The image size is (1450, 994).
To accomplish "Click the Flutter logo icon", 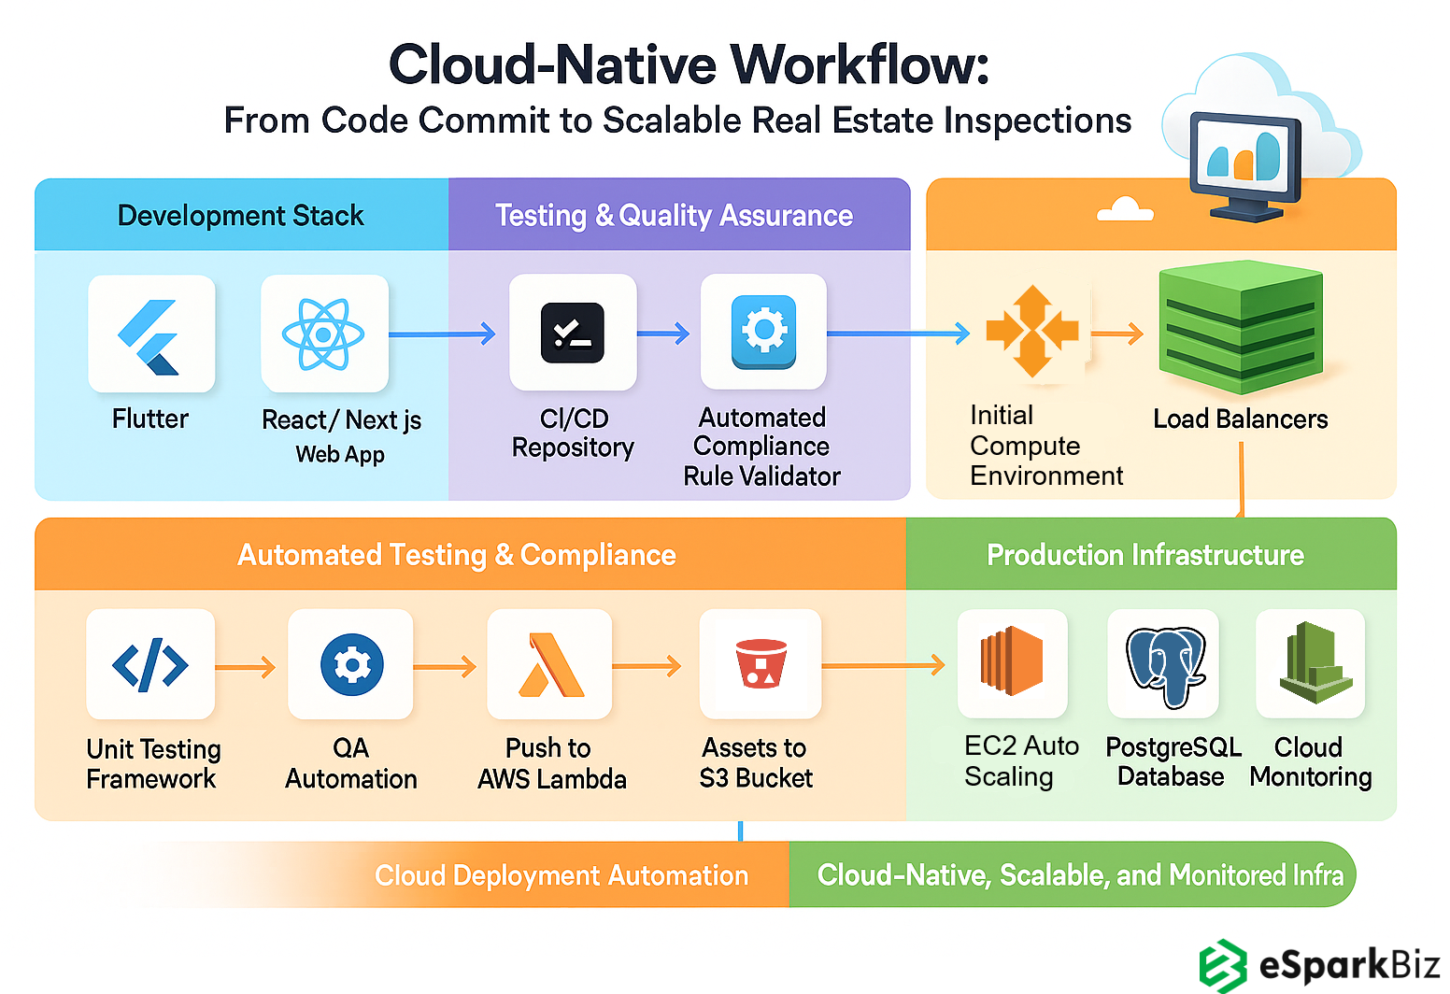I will tap(150, 336).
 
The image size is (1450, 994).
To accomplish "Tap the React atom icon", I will tap(323, 334).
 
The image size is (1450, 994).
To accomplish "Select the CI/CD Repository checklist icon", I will tap(573, 334).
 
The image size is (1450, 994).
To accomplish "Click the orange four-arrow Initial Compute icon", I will tap(1032, 332).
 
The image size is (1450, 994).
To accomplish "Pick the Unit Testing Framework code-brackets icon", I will tap(150, 665).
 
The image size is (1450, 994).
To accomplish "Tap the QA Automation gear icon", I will tap(351, 665).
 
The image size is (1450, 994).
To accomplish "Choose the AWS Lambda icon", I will tap(550, 665).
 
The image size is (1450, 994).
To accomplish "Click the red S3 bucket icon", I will tap(761, 663).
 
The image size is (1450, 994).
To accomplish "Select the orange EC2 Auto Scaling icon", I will tap(1012, 661).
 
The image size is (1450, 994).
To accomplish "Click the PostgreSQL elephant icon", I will tap(1165, 665).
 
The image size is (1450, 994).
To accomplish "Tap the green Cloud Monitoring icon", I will tap(1313, 663).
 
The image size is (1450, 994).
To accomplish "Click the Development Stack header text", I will tap(240, 216).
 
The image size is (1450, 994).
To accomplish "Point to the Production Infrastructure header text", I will tap(1144, 555).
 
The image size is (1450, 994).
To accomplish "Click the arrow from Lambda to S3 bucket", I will tap(647, 666).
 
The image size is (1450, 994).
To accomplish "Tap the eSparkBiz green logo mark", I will tap(1223, 965).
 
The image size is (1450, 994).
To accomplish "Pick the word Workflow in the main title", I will tap(859, 65).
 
